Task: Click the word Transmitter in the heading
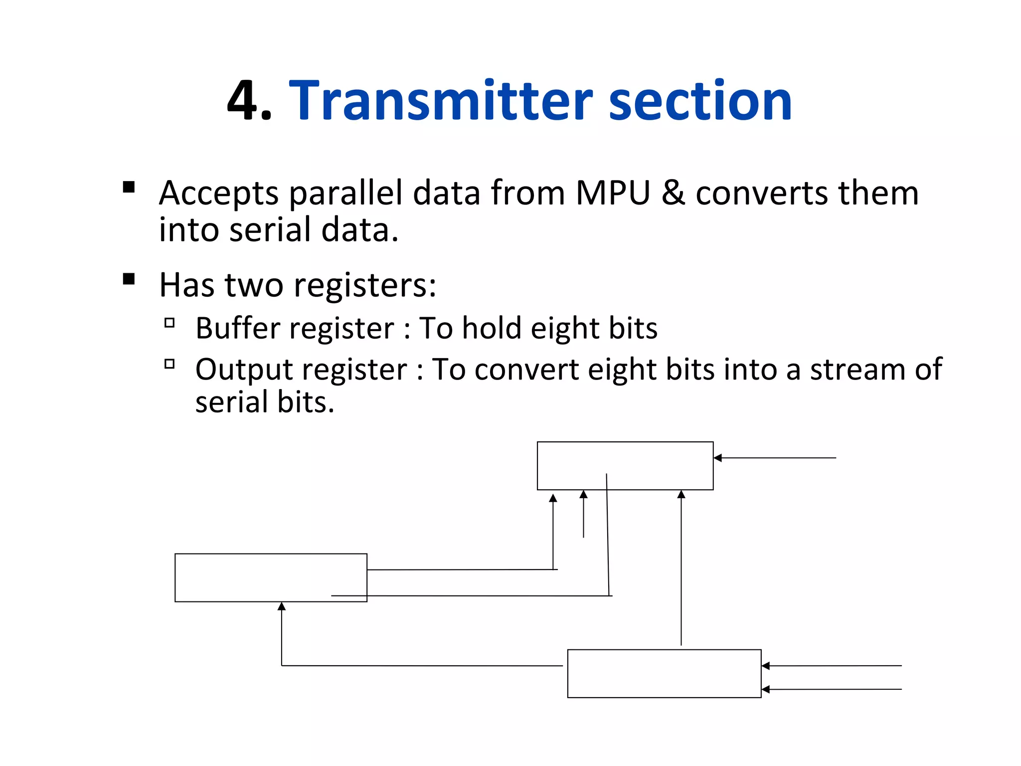[x=440, y=101]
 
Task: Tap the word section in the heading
[x=700, y=101]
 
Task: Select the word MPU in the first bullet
[x=613, y=193]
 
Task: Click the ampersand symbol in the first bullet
[x=673, y=193]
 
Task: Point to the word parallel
[x=345, y=194]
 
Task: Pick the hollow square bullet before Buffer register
[x=170, y=323]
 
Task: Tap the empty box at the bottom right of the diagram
[x=664, y=673]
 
